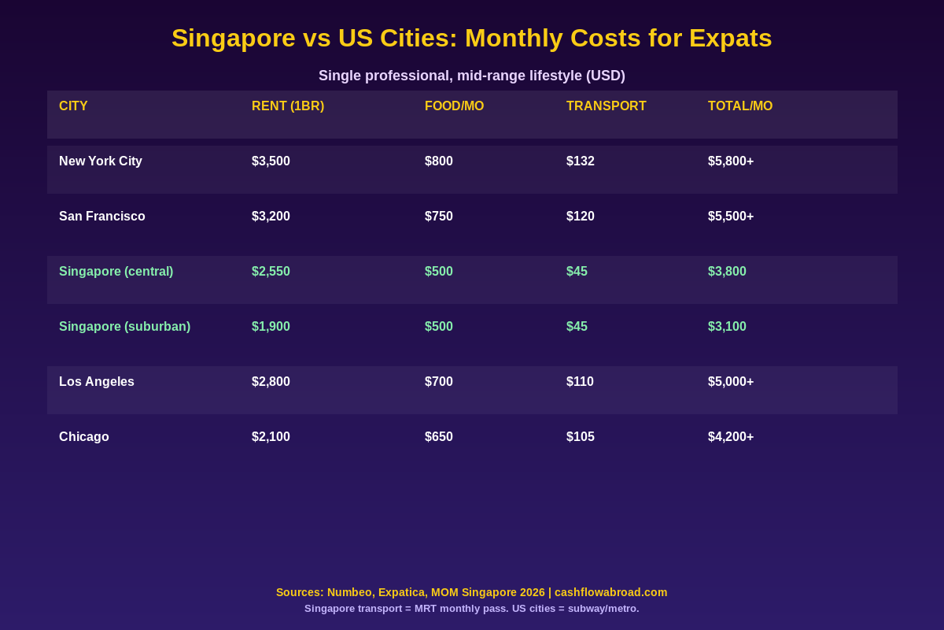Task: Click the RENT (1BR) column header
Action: (288, 106)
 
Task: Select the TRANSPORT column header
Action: (606, 106)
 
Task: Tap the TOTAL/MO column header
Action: (740, 106)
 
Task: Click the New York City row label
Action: (101, 161)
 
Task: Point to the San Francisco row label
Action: (102, 217)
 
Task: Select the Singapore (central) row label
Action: (116, 272)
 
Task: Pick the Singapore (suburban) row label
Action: (124, 327)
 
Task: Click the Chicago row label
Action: (84, 437)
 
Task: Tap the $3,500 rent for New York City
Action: (271, 161)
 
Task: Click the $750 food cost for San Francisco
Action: (439, 217)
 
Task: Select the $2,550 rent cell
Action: (271, 272)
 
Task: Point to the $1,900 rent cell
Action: (271, 327)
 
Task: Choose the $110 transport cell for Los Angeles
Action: (580, 382)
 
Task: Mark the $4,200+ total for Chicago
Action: (731, 437)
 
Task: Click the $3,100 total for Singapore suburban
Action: (727, 327)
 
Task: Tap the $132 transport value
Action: (581, 161)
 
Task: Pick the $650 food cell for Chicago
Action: (439, 437)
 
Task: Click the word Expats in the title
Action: (731, 38)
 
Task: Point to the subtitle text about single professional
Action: (472, 76)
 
